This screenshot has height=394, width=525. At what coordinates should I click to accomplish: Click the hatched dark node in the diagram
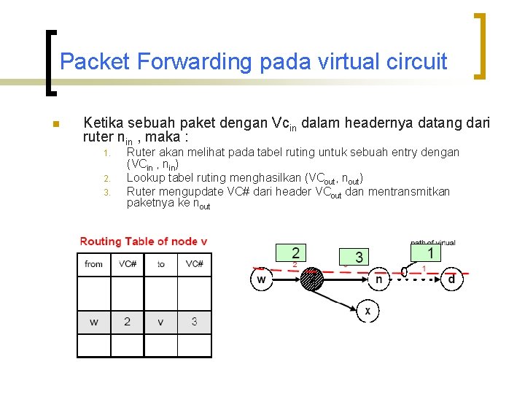(312, 279)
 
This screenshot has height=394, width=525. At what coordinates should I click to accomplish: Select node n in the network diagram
(378, 279)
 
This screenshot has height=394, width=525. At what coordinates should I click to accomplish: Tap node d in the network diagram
(451, 279)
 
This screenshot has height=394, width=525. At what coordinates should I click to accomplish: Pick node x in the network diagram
(367, 311)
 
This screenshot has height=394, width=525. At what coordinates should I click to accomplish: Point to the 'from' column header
(94, 264)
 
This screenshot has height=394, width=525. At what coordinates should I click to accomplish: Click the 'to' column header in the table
(161, 264)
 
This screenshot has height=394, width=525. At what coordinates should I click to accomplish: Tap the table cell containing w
(94, 321)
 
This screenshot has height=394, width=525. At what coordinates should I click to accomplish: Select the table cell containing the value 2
(128, 321)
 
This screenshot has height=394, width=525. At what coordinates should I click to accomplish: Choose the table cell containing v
(161, 321)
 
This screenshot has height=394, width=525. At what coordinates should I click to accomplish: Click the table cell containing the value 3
(195, 321)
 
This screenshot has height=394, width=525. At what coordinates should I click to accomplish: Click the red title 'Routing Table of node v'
(144, 242)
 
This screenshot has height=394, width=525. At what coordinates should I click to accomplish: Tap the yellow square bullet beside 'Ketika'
(55, 124)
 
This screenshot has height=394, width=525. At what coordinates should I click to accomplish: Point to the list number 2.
(106, 179)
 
